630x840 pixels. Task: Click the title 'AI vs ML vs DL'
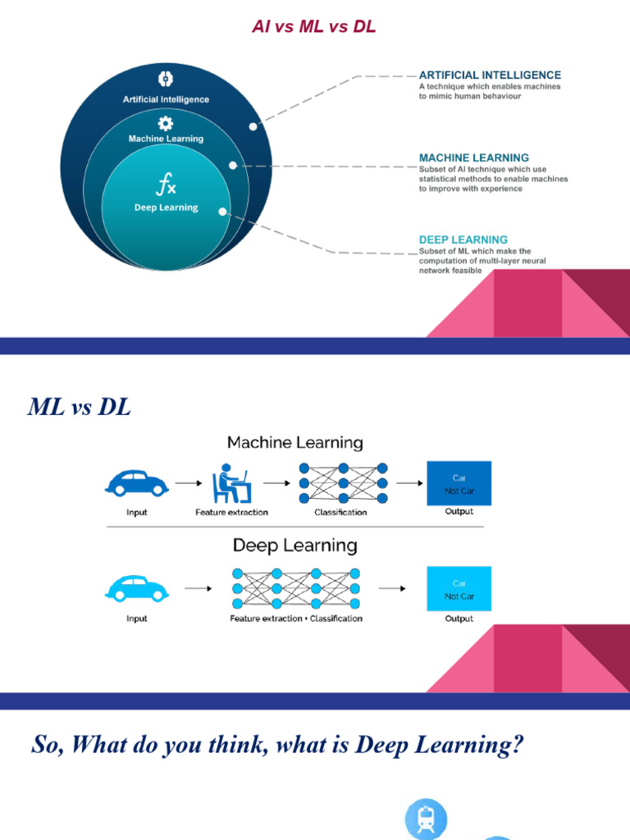click(314, 27)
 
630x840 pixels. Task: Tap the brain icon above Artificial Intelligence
click(166, 80)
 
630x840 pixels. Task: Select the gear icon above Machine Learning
click(166, 123)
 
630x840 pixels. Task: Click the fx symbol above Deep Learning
click(166, 185)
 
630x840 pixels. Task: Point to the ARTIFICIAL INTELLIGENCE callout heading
click(490, 75)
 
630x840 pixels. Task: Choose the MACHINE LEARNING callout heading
click(473, 157)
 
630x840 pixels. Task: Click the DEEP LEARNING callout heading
click(463, 240)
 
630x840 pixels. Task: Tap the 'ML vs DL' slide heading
click(80, 406)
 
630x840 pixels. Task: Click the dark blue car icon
click(137, 483)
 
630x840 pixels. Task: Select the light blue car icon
click(137, 588)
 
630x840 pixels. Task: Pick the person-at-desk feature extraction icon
click(231, 484)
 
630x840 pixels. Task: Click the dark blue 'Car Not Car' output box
click(459, 483)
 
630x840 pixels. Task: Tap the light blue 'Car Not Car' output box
click(459, 589)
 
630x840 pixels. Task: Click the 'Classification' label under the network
click(340, 513)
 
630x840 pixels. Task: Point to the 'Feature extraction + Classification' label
click(295, 619)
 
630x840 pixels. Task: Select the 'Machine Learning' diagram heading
click(294, 443)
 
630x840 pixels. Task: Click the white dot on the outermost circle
click(253, 126)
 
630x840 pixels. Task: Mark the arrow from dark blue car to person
click(188, 483)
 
